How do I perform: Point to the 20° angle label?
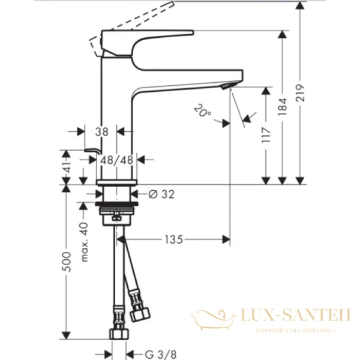tap(202, 111)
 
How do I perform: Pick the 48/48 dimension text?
tap(117, 160)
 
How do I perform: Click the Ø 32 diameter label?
tap(159, 193)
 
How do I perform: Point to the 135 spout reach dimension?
tap(173, 240)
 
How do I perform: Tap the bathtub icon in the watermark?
tap(211, 317)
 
